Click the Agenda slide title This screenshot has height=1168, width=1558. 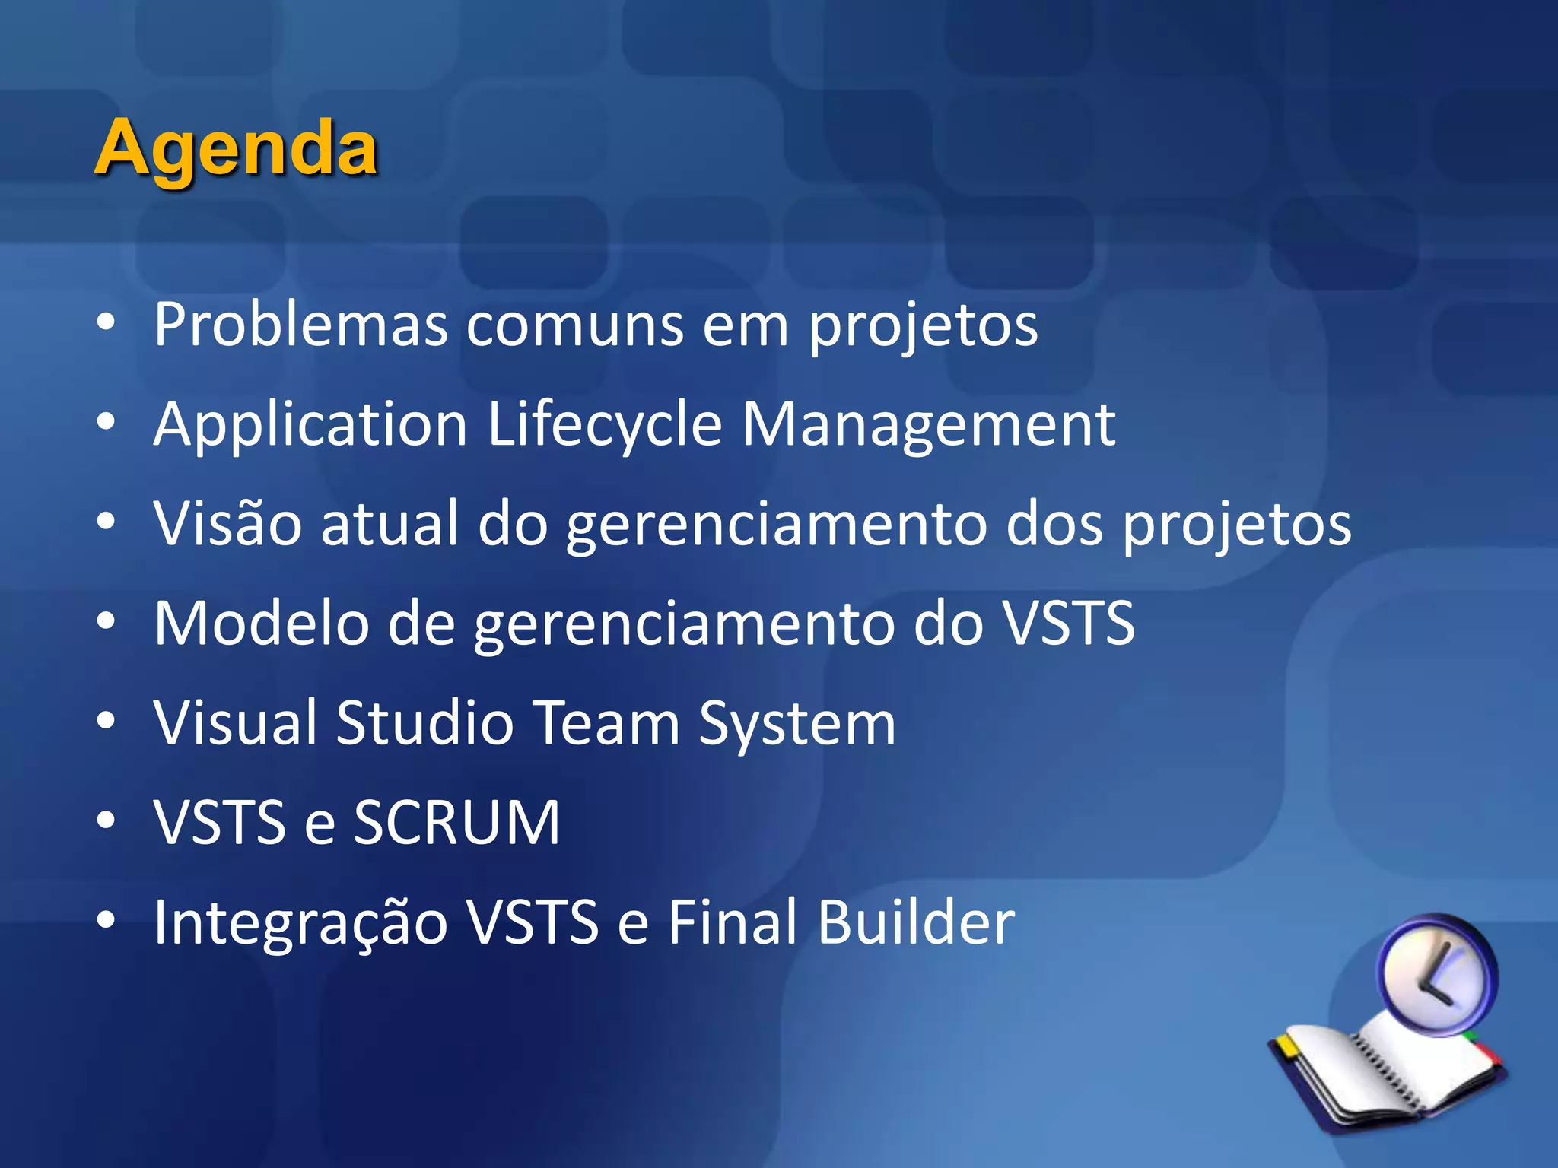pos(236,148)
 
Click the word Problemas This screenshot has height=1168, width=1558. pos(300,325)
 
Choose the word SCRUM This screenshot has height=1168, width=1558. pos(456,823)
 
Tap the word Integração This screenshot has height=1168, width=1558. pos(300,923)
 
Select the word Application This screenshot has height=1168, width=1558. pos(310,426)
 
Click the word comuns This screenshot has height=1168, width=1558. pos(574,326)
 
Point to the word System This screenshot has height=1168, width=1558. pos(797,724)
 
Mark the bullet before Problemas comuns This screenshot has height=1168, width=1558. pos(106,322)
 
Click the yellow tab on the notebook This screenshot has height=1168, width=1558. pos(1287,1045)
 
